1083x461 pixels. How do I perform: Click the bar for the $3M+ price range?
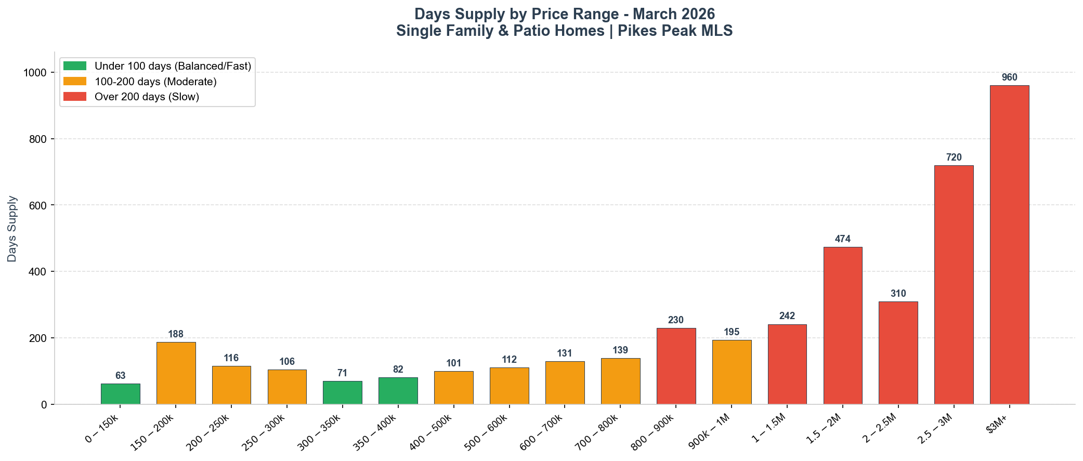1009,244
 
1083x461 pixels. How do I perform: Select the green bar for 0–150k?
120,394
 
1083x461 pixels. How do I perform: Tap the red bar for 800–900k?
676,366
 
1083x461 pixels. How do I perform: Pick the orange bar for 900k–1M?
732,372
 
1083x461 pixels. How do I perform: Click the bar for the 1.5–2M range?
843,325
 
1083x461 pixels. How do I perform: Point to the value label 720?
954,157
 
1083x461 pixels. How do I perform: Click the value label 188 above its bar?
176,334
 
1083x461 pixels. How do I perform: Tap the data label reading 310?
898,294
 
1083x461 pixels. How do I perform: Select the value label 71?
342,373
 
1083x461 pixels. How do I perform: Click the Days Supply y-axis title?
12,229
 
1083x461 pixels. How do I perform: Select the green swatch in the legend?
75,66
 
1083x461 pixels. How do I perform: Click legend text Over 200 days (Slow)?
147,97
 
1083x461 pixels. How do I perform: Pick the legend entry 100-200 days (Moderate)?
155,82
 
